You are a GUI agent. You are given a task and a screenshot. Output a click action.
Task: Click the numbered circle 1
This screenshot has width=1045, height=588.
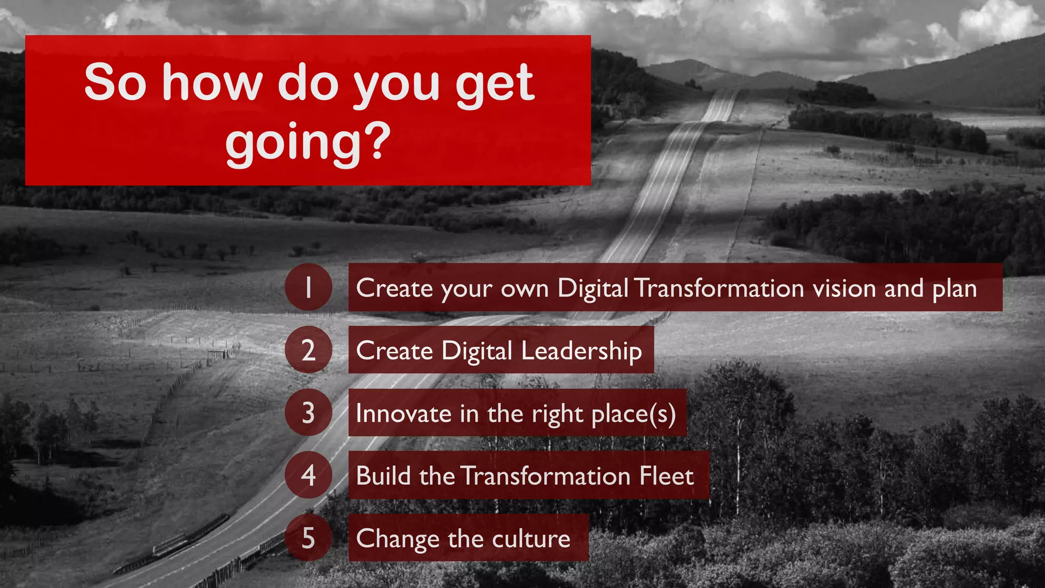(x=308, y=287)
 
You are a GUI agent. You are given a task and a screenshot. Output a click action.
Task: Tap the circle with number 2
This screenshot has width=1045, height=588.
(x=308, y=350)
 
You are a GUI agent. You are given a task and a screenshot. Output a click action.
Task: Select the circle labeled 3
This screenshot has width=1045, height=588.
(x=308, y=412)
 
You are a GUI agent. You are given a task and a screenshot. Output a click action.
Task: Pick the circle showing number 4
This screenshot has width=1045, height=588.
(x=308, y=475)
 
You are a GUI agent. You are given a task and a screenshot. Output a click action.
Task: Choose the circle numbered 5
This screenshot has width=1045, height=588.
(x=308, y=538)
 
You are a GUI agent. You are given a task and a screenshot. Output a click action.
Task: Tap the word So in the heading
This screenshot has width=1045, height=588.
(x=115, y=83)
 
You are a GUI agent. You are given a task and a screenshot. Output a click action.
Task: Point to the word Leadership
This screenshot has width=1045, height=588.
(x=581, y=351)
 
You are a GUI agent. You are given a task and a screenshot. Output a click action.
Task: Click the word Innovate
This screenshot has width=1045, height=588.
(x=403, y=413)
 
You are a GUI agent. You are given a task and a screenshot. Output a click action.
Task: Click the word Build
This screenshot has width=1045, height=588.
(x=384, y=476)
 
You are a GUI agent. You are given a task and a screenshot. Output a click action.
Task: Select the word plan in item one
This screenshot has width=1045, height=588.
(x=954, y=289)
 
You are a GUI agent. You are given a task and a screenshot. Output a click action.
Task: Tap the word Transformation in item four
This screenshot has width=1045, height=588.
(x=545, y=476)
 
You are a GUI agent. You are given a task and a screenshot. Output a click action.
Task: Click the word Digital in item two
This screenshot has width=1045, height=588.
(x=477, y=351)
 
